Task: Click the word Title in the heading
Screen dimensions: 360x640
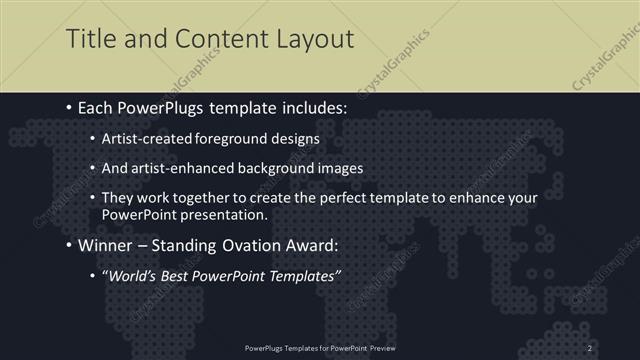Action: (x=88, y=39)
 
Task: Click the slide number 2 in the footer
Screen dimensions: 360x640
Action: (x=590, y=347)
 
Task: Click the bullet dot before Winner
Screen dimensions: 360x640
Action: (x=69, y=245)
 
